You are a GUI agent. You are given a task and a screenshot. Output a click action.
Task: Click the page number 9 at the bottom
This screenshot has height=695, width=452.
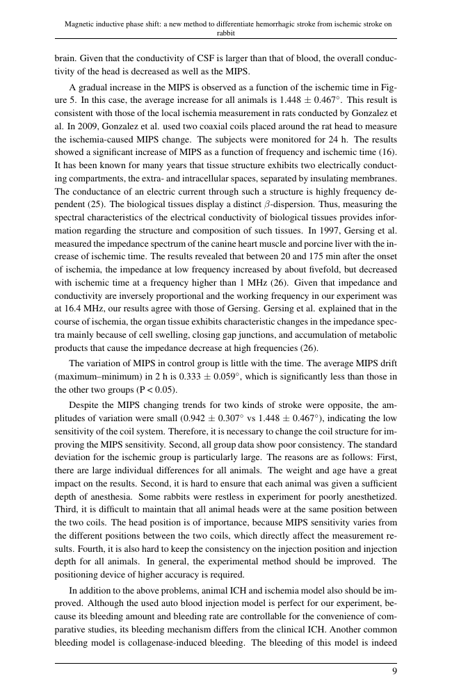pyautogui.click(x=394, y=671)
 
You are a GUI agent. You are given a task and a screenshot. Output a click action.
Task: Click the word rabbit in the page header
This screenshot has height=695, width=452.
pyautogui.click(x=226, y=32)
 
